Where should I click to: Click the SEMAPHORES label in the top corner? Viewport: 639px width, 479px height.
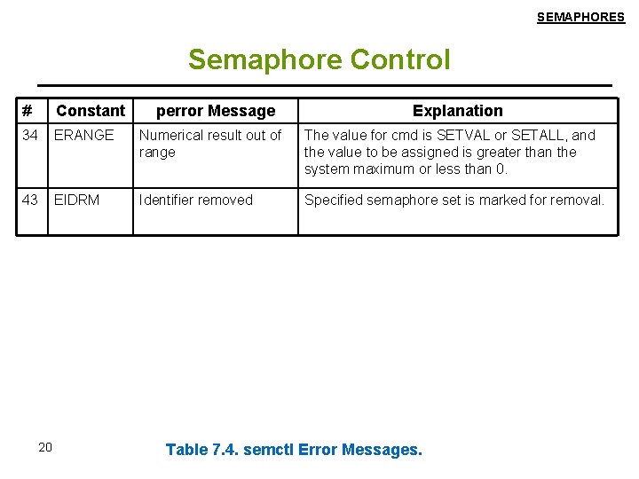pyautogui.click(x=580, y=17)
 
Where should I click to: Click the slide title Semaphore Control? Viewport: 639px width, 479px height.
pyautogui.click(x=319, y=60)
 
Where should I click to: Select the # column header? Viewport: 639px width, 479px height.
pyautogui.click(x=28, y=111)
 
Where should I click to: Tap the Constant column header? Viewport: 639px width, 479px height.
pyautogui.click(x=91, y=111)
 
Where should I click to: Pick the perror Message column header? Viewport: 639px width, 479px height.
pyautogui.click(x=216, y=111)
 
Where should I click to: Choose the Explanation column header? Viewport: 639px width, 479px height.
pyautogui.click(x=457, y=111)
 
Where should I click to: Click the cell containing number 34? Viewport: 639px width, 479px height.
pyautogui.click(x=30, y=136)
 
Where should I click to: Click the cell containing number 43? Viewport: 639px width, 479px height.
pyautogui.click(x=30, y=200)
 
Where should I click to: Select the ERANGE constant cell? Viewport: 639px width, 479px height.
pyautogui.click(x=84, y=136)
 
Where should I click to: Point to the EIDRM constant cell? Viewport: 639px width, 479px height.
pyautogui.click(x=77, y=200)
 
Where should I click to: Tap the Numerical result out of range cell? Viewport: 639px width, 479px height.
pyautogui.click(x=210, y=144)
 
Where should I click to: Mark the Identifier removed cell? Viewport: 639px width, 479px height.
pyautogui.click(x=196, y=200)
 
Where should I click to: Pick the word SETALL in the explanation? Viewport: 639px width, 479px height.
pyautogui.click(x=536, y=136)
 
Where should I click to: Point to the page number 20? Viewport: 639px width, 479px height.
pyautogui.click(x=45, y=447)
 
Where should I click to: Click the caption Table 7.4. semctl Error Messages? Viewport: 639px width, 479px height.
pyautogui.click(x=294, y=450)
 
